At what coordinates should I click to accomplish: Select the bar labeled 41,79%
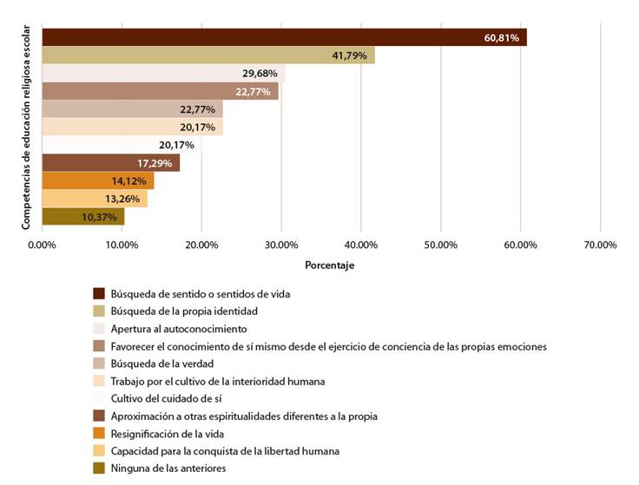click(208, 56)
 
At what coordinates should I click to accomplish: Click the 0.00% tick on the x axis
click(42, 246)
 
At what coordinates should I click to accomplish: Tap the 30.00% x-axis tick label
click(281, 246)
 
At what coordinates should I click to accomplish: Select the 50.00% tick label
click(440, 246)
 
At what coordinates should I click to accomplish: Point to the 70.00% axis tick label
click(600, 246)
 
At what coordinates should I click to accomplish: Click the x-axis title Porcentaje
click(330, 265)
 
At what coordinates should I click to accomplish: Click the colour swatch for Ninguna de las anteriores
click(98, 469)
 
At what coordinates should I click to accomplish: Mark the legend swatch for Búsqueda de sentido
click(98, 293)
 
